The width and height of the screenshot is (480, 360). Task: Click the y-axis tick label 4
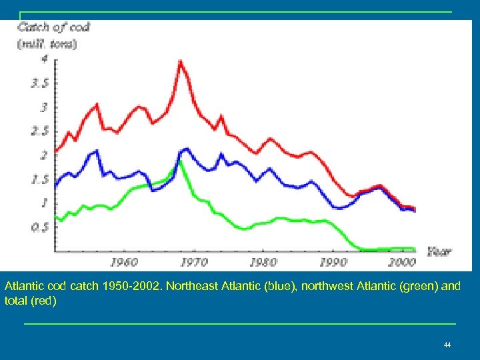[44, 59]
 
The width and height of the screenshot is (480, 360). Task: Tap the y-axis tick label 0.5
[40, 227]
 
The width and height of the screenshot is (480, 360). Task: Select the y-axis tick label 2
[44, 155]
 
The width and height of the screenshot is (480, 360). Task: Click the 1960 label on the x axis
[124, 262]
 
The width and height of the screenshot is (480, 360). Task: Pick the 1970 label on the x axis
[194, 262]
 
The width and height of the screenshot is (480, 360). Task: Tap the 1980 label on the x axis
[263, 262]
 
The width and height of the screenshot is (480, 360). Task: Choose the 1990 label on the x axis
[333, 262]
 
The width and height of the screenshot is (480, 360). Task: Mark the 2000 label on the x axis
[403, 262]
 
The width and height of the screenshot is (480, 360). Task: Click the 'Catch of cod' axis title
[53, 27]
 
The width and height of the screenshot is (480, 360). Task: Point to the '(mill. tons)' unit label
[47, 44]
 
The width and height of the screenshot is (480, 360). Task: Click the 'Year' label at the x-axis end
[439, 251]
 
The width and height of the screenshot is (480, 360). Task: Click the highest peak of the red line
[180, 61]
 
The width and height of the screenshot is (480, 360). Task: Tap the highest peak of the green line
[180, 161]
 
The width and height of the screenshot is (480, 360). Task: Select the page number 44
[447, 345]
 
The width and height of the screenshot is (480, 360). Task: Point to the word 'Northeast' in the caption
[189, 286]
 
